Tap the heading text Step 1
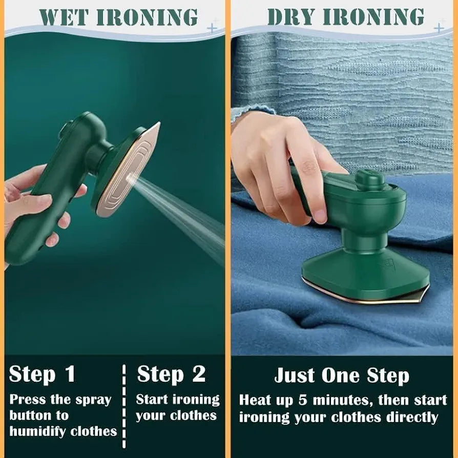tap(42, 374)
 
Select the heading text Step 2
tap(171, 374)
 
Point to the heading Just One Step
tap(342, 376)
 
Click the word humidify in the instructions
tap(38, 431)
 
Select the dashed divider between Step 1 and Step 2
tap(124, 405)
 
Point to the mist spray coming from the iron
tap(184, 210)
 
